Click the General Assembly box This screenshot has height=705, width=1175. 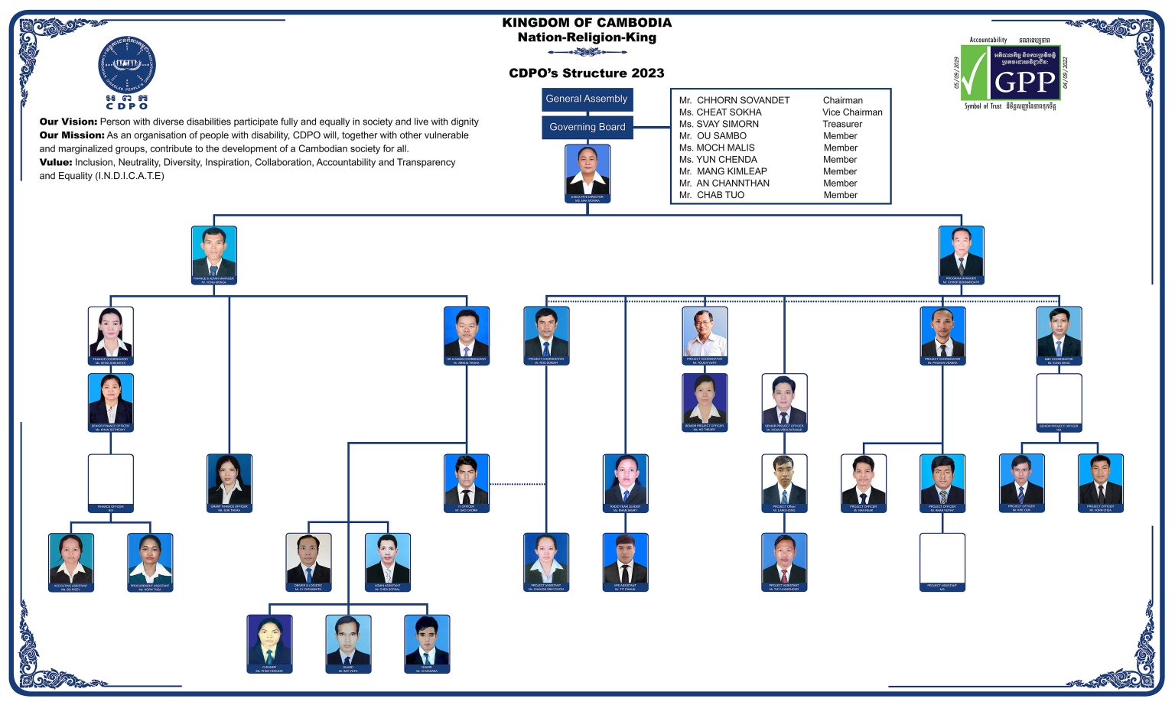(587, 99)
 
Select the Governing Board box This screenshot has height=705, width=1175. (587, 127)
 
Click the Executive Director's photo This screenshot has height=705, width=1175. (587, 171)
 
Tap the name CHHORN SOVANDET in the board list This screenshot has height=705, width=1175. (742, 100)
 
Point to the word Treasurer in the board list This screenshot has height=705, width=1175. (841, 124)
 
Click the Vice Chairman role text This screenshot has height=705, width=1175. (851, 112)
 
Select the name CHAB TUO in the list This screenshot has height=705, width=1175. (720, 195)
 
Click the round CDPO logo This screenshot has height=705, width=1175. (127, 68)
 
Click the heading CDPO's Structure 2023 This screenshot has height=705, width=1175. (587, 73)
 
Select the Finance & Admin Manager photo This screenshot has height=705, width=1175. (214, 252)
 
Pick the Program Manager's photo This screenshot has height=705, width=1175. (961, 252)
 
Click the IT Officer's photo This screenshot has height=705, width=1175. (467, 480)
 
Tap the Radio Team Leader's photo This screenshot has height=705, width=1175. (625, 480)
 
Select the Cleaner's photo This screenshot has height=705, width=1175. (269, 640)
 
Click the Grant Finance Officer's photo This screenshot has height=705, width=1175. (229, 480)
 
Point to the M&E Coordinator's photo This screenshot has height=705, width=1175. (1059, 333)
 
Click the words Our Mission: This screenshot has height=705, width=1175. (72, 135)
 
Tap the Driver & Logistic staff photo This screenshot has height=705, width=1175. (308, 559)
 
